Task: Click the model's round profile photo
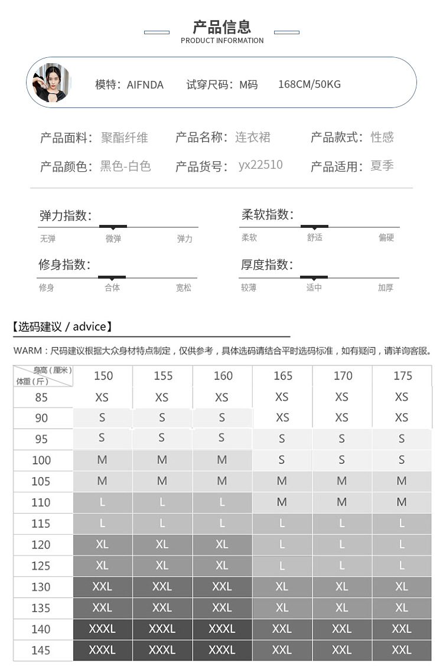51,83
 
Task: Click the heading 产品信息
222,27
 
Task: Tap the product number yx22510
260,165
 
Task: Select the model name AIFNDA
145,84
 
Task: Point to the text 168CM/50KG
310,84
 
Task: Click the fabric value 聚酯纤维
125,138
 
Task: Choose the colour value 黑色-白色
125,166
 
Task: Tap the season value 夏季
382,166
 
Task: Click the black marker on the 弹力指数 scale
113,226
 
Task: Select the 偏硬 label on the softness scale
386,237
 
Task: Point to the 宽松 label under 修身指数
184,287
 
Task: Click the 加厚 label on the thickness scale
386,287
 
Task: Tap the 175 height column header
402,376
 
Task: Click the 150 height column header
103,376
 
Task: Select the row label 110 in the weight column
41,502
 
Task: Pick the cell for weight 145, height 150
102,650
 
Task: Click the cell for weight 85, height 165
282,397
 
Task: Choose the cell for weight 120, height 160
222,544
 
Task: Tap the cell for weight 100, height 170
342,460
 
